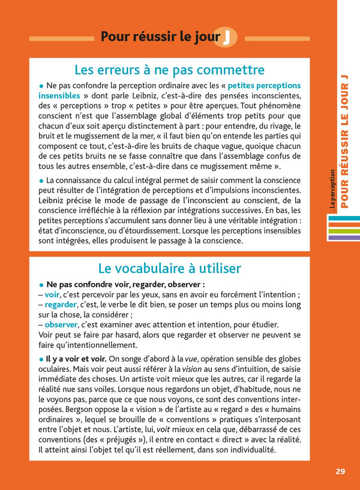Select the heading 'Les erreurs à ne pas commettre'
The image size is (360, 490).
169,70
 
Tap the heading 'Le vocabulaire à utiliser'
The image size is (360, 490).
169,267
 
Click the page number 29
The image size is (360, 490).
340,471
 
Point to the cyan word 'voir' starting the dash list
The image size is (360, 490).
52,294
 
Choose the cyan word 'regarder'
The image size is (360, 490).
61,305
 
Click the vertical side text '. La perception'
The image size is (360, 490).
332,191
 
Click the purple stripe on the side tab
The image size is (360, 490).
344,238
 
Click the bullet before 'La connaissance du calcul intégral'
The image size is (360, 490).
41,180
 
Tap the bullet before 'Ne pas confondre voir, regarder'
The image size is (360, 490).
41,285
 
